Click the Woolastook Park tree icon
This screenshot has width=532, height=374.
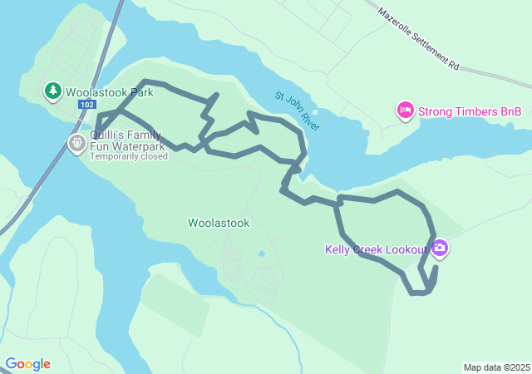pos(52,90)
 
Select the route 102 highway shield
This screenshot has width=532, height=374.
pos(87,105)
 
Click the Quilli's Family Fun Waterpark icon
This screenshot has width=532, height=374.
pos(76,144)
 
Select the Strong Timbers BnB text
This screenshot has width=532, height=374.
pos(469,111)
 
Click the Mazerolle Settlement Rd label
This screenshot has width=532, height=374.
pos(418,37)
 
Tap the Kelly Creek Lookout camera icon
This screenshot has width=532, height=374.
pos(440,248)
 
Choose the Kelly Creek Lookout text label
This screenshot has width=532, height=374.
pos(377,249)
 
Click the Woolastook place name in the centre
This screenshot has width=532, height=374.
pos(219,223)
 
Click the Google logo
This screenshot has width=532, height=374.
pos(27,364)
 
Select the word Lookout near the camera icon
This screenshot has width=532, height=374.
pos(408,249)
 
